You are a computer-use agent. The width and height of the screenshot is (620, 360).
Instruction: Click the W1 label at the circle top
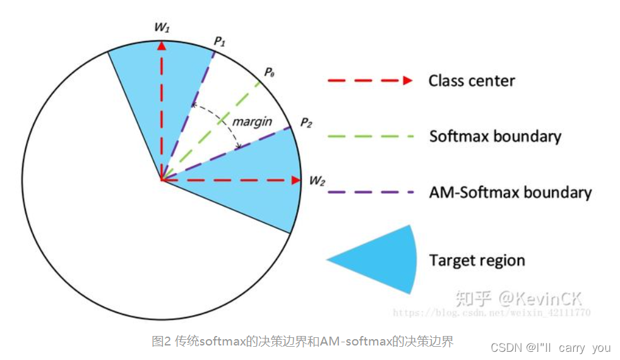coord(162,28)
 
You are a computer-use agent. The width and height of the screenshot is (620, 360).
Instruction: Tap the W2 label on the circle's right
coord(317,181)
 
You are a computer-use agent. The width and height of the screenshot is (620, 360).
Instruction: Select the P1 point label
coord(220,41)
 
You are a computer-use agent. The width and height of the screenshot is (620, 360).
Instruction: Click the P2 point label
coord(306,122)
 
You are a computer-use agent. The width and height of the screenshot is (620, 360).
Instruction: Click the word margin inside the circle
coord(252,121)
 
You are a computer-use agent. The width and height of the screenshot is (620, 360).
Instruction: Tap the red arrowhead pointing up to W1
coord(162,45)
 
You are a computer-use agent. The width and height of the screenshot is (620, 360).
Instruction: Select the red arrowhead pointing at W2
coord(296,180)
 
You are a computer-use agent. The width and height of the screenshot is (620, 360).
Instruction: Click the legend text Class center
coord(472,81)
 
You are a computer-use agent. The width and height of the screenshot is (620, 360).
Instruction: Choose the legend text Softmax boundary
coord(495,136)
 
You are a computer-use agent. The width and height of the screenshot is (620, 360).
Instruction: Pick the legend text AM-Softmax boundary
coord(510,193)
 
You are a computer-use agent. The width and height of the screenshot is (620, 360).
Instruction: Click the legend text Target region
coord(477,260)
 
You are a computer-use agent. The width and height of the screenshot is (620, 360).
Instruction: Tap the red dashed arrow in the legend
coord(370,81)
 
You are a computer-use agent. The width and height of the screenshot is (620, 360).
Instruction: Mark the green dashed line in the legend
coord(370,136)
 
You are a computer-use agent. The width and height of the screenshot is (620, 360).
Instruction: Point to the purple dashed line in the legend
coord(370,192)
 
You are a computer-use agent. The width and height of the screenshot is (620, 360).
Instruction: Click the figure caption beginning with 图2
coord(302,342)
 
